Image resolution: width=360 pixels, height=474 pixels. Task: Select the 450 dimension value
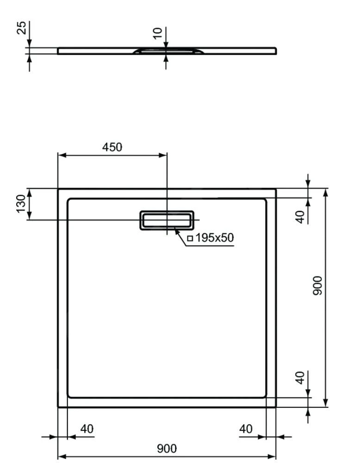click(112, 147)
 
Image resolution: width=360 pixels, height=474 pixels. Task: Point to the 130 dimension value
click(21, 204)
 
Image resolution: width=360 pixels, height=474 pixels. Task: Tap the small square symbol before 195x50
click(190, 238)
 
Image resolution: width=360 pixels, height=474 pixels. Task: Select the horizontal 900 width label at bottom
click(166, 448)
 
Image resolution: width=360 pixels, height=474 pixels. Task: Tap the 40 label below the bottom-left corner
click(87, 429)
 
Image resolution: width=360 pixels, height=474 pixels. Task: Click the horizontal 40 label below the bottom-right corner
click(246, 429)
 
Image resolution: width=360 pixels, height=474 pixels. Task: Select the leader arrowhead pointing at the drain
click(178, 230)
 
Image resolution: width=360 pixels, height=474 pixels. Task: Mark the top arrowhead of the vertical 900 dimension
click(326, 192)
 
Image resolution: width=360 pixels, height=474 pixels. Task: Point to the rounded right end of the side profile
click(275, 50)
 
